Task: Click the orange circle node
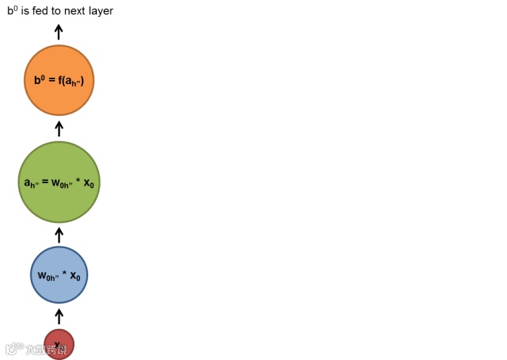pos(59,80)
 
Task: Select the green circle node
pos(59,182)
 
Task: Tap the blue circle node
pos(59,275)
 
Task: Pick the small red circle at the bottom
pos(59,344)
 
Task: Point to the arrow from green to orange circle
pos(59,128)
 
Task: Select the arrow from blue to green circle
pos(59,235)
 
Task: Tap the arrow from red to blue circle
pos(59,316)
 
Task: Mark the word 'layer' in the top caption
pos(102,11)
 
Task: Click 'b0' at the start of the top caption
pos(12,11)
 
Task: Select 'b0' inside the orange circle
pos(40,79)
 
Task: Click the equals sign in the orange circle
pos(51,80)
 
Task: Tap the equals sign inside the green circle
pos(46,183)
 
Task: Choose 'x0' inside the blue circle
pos(75,276)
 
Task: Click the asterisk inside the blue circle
pos(64,274)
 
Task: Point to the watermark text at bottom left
pos(37,349)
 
